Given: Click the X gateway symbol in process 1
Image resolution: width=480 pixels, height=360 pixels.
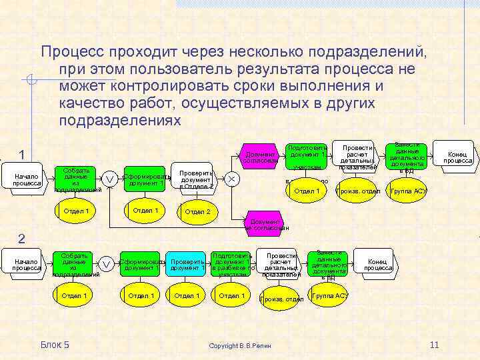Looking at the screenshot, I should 231,179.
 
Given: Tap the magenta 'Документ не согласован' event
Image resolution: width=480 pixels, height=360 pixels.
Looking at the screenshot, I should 267,224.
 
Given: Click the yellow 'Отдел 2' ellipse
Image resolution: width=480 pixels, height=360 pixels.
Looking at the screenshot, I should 197,212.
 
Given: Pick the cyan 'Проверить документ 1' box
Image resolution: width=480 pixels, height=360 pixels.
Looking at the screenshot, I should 187,265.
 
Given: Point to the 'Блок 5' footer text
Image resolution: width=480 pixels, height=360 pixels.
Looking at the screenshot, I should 55,344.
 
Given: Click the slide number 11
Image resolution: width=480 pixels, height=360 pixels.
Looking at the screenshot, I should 434,344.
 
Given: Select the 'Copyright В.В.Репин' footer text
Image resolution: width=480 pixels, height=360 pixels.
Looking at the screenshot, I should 240,346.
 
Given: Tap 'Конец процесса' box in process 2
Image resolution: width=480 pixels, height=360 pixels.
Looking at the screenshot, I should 378,264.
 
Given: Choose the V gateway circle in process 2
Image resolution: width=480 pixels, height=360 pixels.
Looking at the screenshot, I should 105,265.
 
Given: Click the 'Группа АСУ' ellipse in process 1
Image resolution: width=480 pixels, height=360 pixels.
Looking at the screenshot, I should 408,191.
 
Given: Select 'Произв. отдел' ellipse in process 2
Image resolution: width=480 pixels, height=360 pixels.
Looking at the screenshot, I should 282,299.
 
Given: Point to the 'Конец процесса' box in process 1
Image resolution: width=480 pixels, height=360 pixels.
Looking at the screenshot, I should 457,157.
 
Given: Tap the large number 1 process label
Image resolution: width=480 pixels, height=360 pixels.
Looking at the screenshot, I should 22,155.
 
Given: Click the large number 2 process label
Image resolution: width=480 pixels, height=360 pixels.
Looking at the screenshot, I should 21,239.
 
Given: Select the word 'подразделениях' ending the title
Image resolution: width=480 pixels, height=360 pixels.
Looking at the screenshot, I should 120,121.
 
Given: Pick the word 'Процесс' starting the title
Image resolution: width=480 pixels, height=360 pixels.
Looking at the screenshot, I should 73,51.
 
